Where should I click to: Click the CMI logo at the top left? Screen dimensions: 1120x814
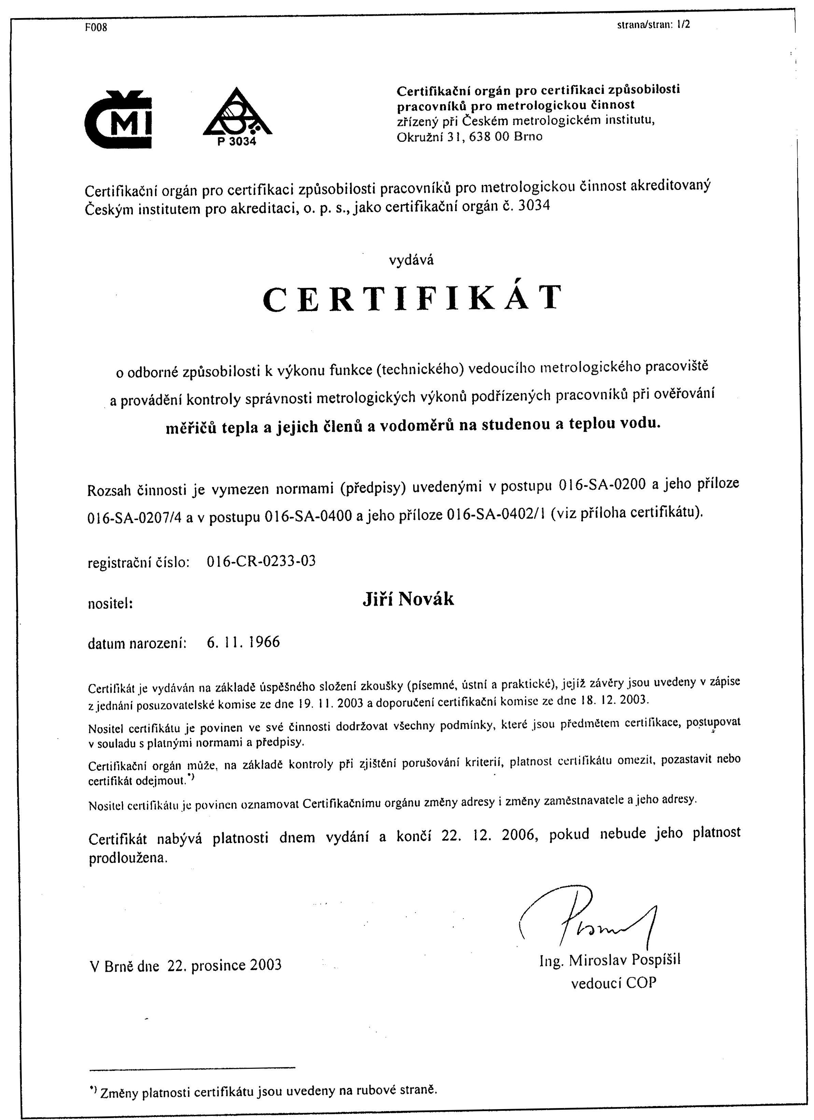coord(118,119)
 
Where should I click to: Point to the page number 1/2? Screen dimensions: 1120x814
coord(684,25)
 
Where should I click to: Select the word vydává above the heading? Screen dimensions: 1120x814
coord(411,260)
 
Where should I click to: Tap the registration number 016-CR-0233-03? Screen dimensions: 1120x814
coord(261,561)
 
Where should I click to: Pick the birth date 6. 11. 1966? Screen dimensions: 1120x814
coord(243,642)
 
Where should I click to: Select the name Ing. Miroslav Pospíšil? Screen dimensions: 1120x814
coord(610,960)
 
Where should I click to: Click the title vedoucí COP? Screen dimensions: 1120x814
coord(614,983)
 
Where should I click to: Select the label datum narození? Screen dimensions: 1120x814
coord(137,643)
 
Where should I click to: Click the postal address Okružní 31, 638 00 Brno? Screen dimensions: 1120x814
coord(469,137)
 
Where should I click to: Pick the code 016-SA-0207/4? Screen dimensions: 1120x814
coord(134,518)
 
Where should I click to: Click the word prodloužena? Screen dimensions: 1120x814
coord(128,858)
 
